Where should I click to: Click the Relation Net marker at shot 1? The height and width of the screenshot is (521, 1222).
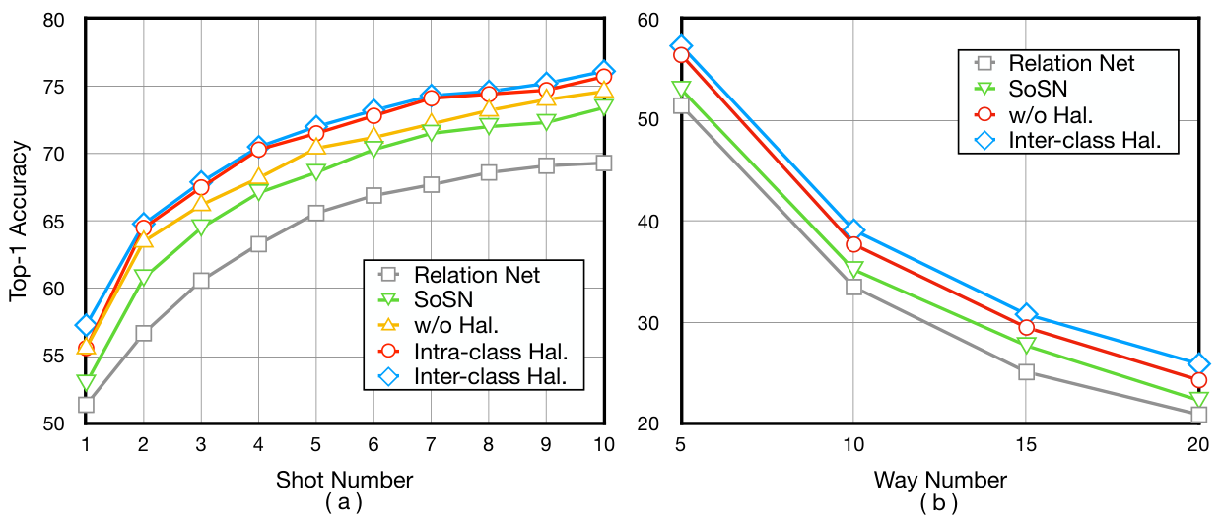[x=86, y=405]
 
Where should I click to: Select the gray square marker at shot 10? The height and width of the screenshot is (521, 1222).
[x=604, y=163]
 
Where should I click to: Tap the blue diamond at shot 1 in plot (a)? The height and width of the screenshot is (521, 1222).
[x=86, y=325]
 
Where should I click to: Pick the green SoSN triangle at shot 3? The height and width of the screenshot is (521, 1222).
[x=201, y=227]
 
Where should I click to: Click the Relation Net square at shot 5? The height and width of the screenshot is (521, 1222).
[x=316, y=213]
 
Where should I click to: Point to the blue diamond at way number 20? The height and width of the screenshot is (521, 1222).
[x=1198, y=363]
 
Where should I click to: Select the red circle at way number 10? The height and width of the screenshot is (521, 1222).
[x=853, y=244]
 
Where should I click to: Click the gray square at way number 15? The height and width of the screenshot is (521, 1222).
[x=1026, y=372]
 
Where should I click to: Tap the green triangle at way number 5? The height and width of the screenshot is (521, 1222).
[x=681, y=89]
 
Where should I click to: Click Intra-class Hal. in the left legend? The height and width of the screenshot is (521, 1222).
[x=491, y=352]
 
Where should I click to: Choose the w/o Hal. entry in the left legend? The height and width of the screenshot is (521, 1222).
[x=456, y=325]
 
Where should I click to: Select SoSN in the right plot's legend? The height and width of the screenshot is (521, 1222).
[x=1038, y=89]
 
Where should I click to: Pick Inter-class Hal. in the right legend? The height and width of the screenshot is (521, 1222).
[x=1084, y=140]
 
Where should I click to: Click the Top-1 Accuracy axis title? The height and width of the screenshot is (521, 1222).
[x=18, y=222]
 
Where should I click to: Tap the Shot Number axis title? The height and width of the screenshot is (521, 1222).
[x=344, y=480]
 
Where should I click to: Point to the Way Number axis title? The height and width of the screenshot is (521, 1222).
[x=940, y=480]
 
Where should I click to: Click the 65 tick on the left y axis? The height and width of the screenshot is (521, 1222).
[x=53, y=222]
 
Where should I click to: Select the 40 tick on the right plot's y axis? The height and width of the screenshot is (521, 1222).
[x=648, y=222]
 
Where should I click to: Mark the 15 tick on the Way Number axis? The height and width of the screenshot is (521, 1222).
[x=1026, y=445]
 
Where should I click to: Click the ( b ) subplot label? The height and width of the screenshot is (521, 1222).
[x=939, y=503]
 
